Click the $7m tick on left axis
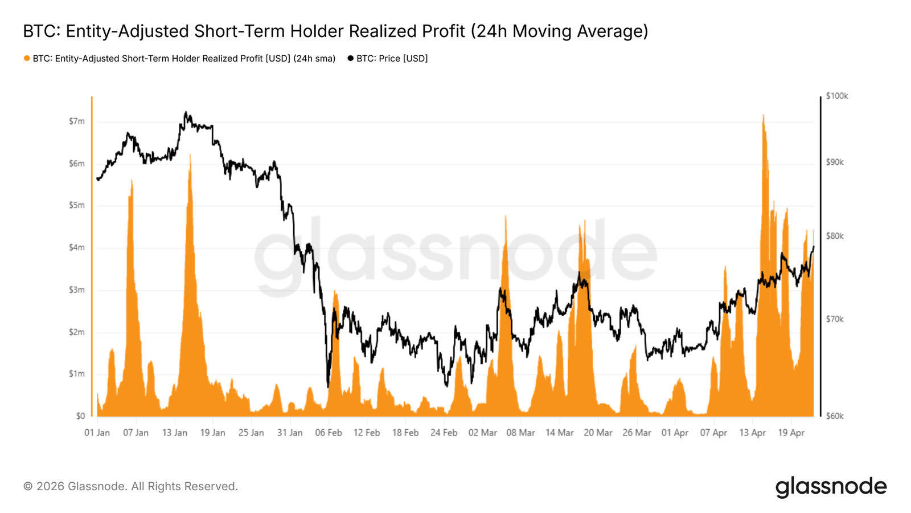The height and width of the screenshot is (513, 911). tap(77, 121)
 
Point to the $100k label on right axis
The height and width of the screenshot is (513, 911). tap(836, 96)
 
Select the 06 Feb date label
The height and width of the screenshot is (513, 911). tap(328, 433)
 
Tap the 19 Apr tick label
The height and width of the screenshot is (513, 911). tap(791, 433)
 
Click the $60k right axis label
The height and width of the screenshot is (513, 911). tap(835, 416)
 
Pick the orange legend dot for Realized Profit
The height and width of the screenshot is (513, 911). tap(27, 58)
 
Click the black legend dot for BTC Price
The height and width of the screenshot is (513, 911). tap(350, 58)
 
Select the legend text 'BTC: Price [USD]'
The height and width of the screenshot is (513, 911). tap(392, 58)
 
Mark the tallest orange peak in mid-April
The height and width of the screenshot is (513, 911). tap(763, 115)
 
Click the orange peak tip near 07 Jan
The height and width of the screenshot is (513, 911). tap(132, 180)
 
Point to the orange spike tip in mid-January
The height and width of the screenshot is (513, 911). tap(190, 154)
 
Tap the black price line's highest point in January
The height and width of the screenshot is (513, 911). tap(186, 112)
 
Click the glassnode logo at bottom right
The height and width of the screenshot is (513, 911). tap(831, 487)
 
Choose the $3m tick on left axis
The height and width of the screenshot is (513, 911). tap(77, 290)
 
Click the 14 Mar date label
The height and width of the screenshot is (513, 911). tap(559, 433)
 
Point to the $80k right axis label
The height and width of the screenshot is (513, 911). tap(835, 236)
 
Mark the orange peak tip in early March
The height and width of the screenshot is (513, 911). tap(505, 216)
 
